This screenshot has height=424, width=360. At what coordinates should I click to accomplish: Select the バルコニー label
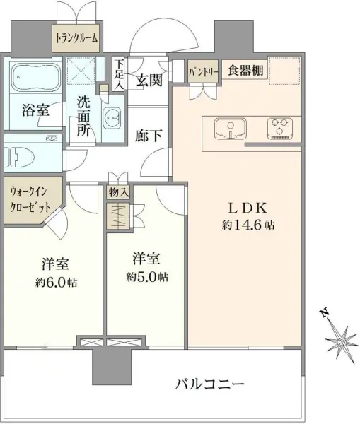(210, 385)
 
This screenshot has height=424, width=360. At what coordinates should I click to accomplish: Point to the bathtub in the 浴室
(35, 79)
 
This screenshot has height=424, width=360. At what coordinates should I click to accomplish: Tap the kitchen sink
(228, 129)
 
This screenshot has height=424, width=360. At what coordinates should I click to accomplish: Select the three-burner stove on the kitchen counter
(279, 128)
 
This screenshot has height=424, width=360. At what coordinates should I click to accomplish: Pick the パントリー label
(203, 71)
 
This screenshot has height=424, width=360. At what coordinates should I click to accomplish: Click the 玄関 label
(149, 80)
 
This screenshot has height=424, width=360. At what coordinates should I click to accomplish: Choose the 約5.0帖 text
(147, 277)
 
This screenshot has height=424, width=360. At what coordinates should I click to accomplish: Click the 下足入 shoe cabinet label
(120, 73)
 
